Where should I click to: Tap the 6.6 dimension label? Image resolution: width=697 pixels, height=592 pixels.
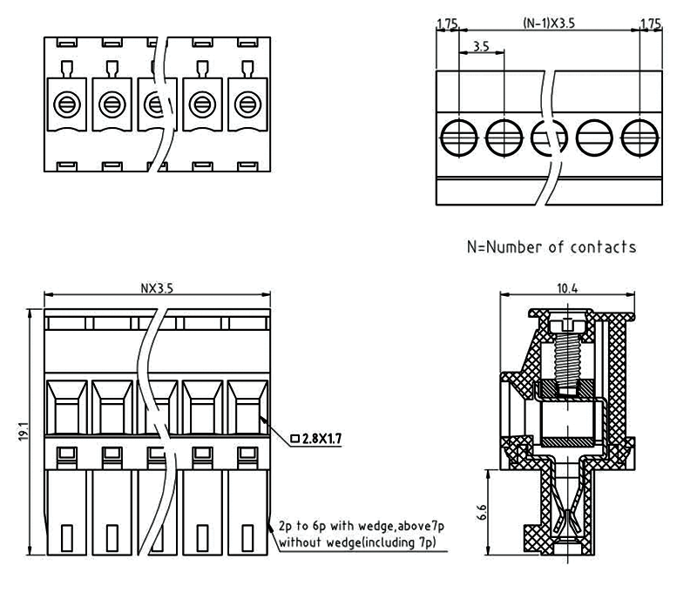[480, 511]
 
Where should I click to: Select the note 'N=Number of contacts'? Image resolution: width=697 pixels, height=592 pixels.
[552, 246]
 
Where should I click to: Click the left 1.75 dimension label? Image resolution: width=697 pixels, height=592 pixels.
[448, 24]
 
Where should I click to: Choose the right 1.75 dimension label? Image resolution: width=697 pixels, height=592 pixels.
[650, 24]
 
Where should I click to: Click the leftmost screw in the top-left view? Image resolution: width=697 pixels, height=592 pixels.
[65, 105]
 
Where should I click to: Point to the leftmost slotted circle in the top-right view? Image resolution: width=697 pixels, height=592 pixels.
[458, 136]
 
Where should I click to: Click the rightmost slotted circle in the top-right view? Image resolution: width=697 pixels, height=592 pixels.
[639, 136]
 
